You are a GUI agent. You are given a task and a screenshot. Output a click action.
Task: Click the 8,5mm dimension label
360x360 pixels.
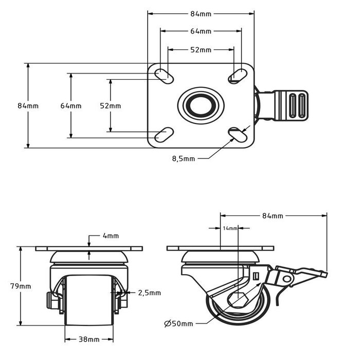tap(183, 159)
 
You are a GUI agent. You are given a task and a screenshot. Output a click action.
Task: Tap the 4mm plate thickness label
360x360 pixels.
tap(111, 236)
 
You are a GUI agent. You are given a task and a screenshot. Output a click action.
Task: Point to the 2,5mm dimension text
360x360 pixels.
tap(150, 293)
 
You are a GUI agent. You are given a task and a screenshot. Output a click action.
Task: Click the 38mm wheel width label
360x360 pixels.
tap(89, 339)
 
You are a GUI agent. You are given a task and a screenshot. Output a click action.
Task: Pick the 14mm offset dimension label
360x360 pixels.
tap(230, 228)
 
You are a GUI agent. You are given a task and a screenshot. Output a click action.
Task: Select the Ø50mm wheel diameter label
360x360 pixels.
tap(179, 323)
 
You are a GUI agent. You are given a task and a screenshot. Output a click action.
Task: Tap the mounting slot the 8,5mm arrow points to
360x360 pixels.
tap(238, 134)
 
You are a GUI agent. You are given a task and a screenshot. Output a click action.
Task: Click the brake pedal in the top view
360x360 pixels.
tap(290, 106)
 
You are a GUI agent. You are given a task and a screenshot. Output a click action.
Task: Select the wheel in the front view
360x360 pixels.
tap(89, 301)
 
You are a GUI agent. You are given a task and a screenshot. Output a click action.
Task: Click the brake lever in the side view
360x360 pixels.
tap(298, 274)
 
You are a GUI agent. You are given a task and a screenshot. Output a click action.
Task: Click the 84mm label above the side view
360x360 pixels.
tap(273, 215)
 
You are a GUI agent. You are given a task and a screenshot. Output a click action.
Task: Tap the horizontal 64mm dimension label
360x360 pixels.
tap(201, 31)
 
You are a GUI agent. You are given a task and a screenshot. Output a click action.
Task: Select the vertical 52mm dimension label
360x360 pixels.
tap(111, 106)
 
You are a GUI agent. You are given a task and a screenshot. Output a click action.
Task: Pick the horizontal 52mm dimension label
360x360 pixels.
tap(201, 50)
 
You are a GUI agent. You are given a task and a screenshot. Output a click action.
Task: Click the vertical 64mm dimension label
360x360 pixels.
tap(71, 106)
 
